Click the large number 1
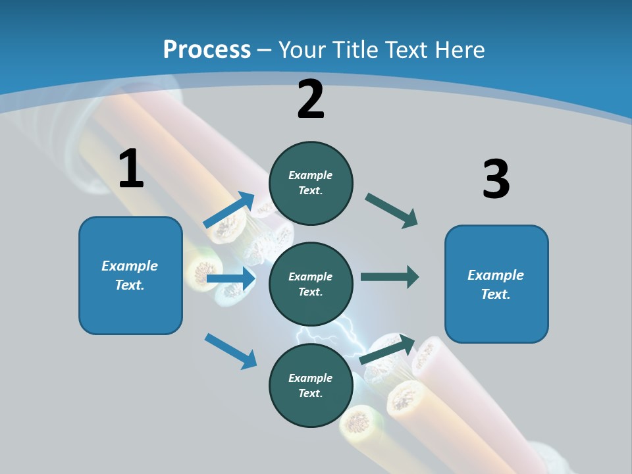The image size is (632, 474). tap(131, 169)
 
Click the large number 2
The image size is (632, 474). tap(311, 99)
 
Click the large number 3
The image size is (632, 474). tap(496, 179)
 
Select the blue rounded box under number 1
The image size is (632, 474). tap(130, 275)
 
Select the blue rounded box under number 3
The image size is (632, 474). tap(496, 284)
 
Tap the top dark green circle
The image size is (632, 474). tap(311, 183)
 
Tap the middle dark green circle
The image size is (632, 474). tap(311, 284)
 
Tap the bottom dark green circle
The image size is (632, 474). tap(311, 385)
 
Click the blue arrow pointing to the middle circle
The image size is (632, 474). tap(230, 279)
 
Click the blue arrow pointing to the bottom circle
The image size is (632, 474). tap(230, 350)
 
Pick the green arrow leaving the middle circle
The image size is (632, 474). tap(390, 276)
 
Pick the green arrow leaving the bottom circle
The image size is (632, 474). tap(387, 350)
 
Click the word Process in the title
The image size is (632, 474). tap(207, 49)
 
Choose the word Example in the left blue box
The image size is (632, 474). tap(130, 266)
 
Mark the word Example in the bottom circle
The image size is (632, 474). tap(311, 378)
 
